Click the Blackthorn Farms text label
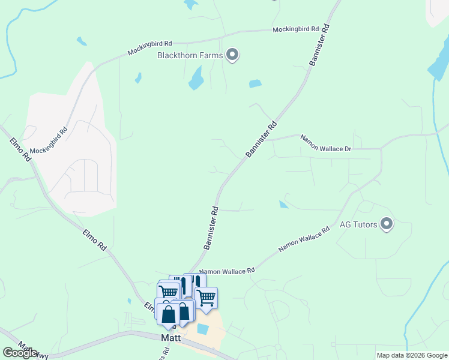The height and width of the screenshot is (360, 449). point(190,56)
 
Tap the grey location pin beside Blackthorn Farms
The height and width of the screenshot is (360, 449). point(233,56)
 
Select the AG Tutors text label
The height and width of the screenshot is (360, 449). point(358,225)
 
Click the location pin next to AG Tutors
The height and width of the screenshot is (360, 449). point(387,224)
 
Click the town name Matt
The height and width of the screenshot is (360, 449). point(171,338)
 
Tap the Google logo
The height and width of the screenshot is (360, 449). point(20,353)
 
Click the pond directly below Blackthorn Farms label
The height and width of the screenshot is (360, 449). point(196,78)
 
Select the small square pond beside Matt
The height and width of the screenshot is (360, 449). point(202,329)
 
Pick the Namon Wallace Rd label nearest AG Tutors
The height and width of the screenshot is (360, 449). point(304,238)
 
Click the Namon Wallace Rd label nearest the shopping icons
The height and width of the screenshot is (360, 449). point(227,271)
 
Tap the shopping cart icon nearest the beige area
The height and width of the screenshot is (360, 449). point(206,297)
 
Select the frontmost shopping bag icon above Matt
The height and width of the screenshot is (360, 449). point(169,314)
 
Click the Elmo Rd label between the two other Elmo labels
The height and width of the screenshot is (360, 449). point(95,239)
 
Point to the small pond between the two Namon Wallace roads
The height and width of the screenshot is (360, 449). point(283,205)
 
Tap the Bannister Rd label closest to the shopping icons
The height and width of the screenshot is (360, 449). point(210,228)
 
